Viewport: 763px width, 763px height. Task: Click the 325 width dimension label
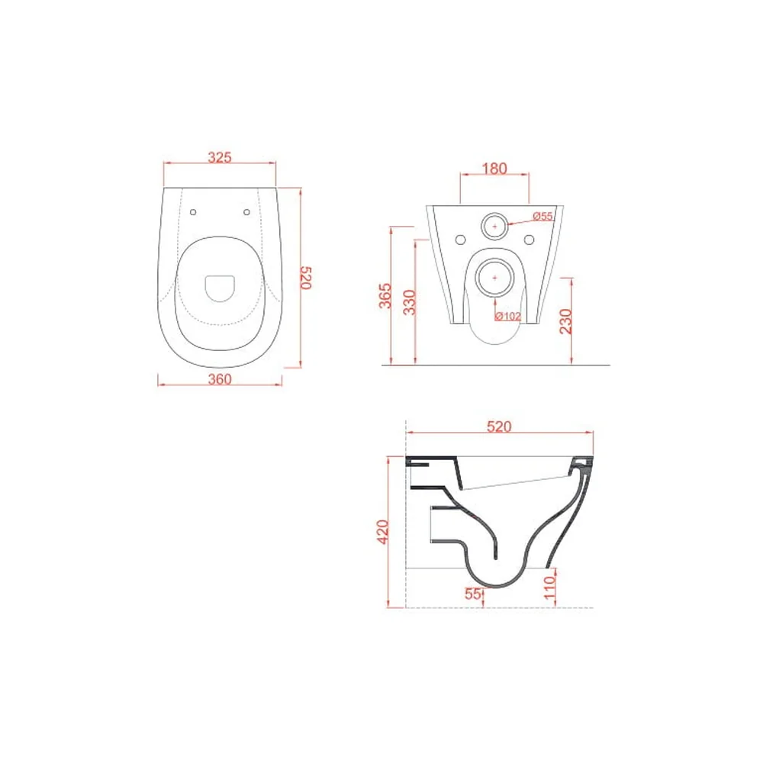220,157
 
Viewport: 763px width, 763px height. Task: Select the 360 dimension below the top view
220,379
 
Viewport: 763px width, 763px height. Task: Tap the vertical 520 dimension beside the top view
306,278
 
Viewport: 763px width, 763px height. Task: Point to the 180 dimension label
494,169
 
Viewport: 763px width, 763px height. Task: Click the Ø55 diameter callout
542,216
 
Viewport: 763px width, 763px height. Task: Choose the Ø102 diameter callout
507,317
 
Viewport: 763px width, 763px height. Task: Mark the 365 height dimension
385,296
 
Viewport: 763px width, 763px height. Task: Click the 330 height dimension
410,302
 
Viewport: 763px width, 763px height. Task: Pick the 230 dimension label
566,321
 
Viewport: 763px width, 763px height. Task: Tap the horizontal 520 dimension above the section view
499,427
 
